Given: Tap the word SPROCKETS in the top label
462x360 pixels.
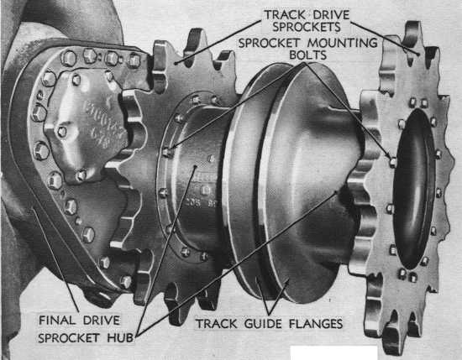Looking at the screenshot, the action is point(307,27).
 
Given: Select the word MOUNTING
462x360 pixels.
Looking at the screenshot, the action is point(343,43).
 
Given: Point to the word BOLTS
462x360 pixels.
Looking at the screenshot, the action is point(308,55).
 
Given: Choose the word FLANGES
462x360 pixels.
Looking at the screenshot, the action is point(316,324).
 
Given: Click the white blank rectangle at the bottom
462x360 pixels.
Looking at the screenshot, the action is point(333,353).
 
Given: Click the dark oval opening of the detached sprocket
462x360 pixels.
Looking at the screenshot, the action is point(414,188).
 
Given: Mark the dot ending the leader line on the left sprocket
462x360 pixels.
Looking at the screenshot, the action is point(175,63).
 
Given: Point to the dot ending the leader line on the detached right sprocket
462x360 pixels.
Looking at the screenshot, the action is point(418,55).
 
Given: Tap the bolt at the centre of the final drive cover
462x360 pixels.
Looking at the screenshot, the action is point(62,131).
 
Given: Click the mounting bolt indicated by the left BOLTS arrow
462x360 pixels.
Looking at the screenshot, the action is point(167,152).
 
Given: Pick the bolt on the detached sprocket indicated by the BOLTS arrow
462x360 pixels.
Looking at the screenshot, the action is point(393,161).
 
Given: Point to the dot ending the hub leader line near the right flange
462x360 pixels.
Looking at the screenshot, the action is point(336,192).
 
